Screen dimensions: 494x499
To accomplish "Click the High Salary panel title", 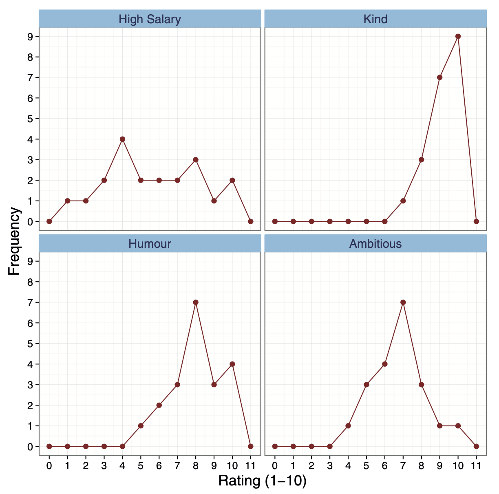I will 150,19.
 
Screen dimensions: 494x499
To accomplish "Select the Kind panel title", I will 375,19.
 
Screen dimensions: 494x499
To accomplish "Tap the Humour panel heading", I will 150,244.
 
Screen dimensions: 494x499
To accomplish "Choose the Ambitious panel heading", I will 375,244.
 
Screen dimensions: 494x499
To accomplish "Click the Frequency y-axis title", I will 14,241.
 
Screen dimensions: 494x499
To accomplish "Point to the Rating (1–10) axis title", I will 262,481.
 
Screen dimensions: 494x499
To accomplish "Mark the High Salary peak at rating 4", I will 122,139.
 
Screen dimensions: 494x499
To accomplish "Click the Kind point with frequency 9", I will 458,36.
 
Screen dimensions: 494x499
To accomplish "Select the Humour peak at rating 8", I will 196,302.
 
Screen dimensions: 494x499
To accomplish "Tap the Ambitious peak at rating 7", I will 403,302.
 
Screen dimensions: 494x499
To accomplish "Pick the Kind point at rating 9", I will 439,77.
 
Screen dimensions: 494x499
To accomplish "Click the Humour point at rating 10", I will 232,364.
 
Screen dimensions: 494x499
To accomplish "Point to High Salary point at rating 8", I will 196,159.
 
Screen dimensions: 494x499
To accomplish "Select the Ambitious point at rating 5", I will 367,384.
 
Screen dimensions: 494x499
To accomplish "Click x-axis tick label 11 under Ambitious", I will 476,465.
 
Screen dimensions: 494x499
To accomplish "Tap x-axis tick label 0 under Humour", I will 49,465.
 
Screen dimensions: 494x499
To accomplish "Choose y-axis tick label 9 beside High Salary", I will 31,36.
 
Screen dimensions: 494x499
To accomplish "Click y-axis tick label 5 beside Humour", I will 31,343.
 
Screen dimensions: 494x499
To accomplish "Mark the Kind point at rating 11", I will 476,221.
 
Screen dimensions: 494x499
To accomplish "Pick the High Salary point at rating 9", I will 214,201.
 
